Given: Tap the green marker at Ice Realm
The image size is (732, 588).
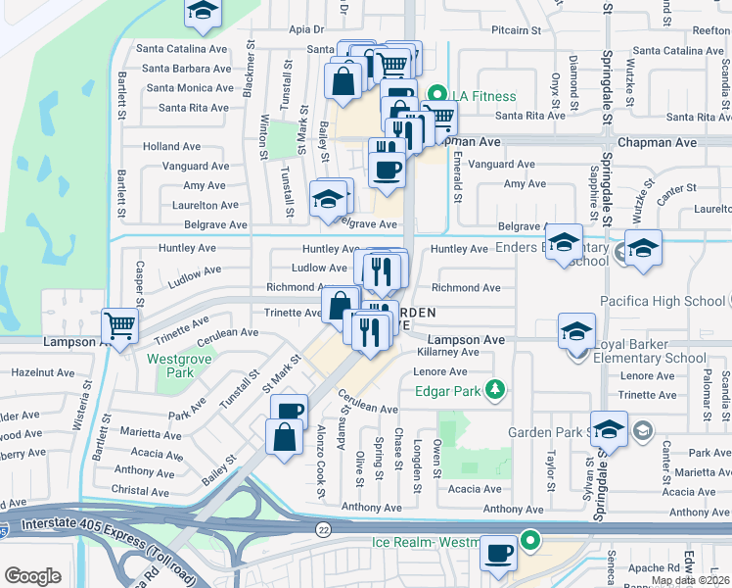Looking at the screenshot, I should [530, 540].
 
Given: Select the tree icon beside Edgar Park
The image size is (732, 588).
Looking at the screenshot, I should [496, 390].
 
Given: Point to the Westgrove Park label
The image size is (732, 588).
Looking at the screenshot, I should [169, 366].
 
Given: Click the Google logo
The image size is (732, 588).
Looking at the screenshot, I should [32, 576].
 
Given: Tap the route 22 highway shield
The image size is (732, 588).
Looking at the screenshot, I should [323, 529].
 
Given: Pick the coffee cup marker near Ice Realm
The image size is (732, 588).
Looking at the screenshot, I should [499, 554].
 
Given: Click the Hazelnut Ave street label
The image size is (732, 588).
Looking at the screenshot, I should [43, 373].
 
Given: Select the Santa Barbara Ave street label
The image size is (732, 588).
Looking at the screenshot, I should [188, 69].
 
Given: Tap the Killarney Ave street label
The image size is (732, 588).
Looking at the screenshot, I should [446, 352].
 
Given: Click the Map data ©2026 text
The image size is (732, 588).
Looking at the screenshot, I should [690, 580].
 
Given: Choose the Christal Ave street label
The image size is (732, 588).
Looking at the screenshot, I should [141, 491].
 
